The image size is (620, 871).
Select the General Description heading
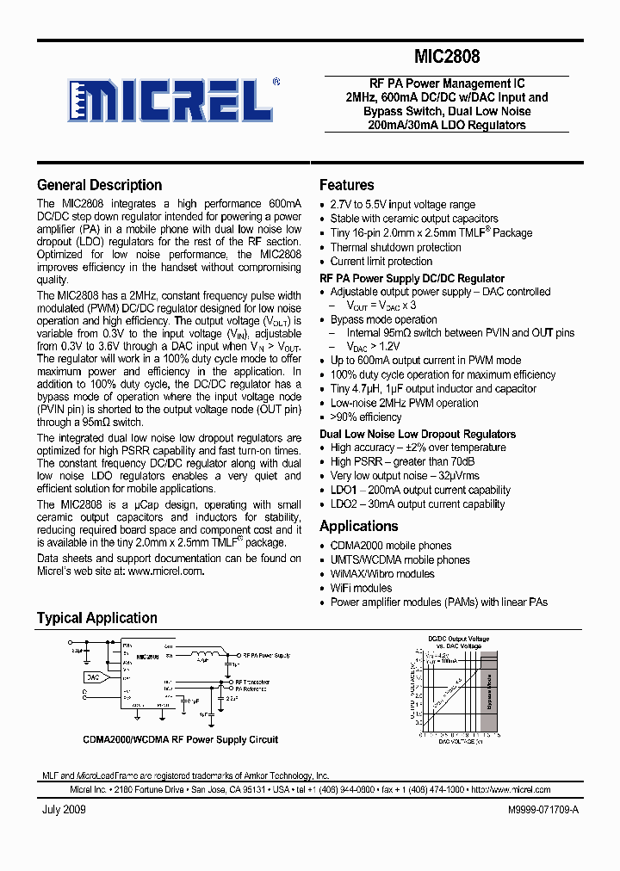point(99,185)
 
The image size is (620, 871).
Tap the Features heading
point(346,185)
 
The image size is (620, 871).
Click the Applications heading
point(358,526)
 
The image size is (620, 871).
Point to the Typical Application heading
point(96,618)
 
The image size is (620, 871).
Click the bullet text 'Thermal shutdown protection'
point(395,247)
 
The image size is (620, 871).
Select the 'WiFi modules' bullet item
point(361,588)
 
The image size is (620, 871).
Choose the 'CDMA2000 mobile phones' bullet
point(390,546)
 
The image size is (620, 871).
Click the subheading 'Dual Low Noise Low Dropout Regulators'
point(418,434)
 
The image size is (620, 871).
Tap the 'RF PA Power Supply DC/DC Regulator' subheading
point(412,278)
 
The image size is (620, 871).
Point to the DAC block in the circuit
point(93,677)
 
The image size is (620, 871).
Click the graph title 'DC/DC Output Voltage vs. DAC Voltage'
point(459,642)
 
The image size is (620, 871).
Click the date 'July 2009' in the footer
point(64,811)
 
